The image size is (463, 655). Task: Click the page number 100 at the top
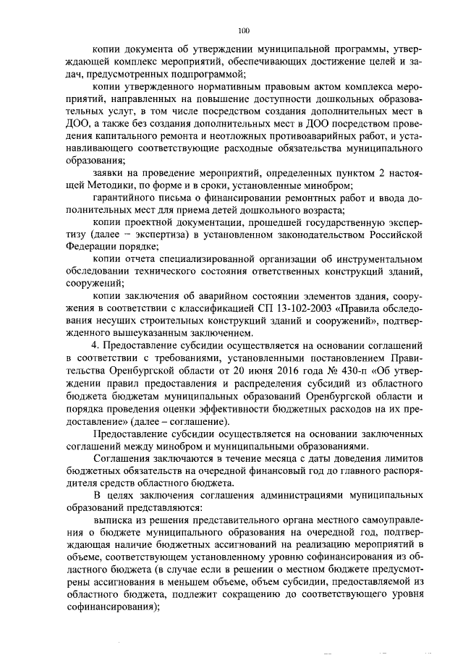coord(243,30)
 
